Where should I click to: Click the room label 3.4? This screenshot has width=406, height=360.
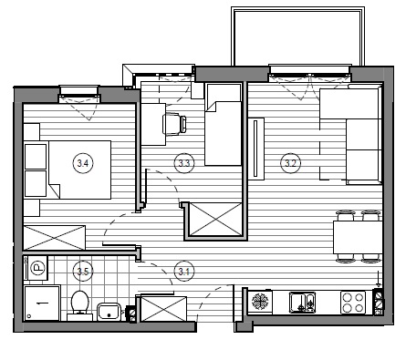tap(83, 163)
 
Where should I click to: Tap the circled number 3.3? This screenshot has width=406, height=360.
tap(184, 163)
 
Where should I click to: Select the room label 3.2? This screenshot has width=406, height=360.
tap(290, 163)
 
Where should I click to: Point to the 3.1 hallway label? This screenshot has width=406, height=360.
tap(184, 271)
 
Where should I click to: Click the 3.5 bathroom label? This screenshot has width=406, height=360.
tap(83, 271)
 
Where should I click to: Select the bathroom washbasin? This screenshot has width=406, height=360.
tap(109, 312)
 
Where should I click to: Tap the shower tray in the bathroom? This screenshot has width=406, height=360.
tap(42, 303)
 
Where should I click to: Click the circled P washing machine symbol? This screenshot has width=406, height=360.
tap(38, 268)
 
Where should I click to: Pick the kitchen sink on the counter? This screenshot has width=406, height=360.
tap(302, 302)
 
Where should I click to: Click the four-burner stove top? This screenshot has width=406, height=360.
tap(353, 302)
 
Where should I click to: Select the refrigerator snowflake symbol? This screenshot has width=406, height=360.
tap(259, 301)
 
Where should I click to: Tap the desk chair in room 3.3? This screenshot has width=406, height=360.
tap(174, 124)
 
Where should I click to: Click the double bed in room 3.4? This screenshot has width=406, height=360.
tap(79, 170)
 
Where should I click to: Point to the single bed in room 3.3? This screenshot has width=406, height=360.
tap(224, 125)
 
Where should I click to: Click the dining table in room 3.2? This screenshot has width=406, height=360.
tap(358, 237)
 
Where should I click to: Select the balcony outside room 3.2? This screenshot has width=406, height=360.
tap(298, 36)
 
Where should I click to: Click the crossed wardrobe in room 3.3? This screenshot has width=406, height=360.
tap(215, 220)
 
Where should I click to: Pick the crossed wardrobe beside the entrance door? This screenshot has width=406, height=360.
tap(163, 309)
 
